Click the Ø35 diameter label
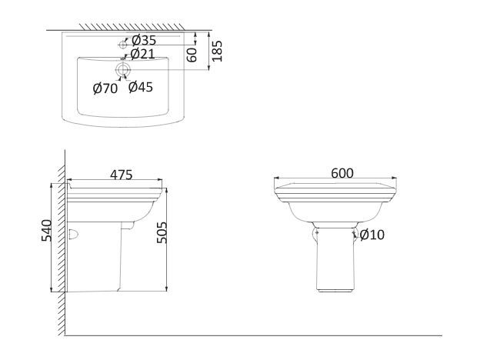click(x=144, y=40)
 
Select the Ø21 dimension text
click(x=142, y=54)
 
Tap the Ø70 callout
click(x=105, y=88)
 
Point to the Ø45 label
click(x=141, y=87)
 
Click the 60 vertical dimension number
click(x=192, y=55)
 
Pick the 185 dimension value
click(x=217, y=51)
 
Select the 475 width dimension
click(x=122, y=175)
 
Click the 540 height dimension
click(x=47, y=231)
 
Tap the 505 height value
click(x=162, y=232)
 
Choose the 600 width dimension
click(x=342, y=173)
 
